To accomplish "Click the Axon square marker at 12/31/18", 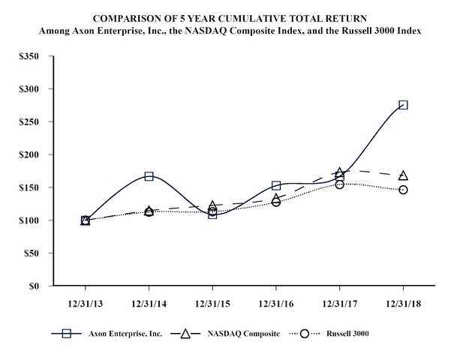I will point(403,105).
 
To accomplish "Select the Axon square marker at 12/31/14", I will point(149,176).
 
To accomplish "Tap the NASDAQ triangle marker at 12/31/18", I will point(403,175).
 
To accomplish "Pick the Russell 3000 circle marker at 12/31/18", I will point(403,190).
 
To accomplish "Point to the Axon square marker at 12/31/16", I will point(276,185).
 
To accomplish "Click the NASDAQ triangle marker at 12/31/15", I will point(212,205).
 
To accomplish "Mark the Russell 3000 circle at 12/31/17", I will point(339,184).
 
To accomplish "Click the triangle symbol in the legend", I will point(183,332).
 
